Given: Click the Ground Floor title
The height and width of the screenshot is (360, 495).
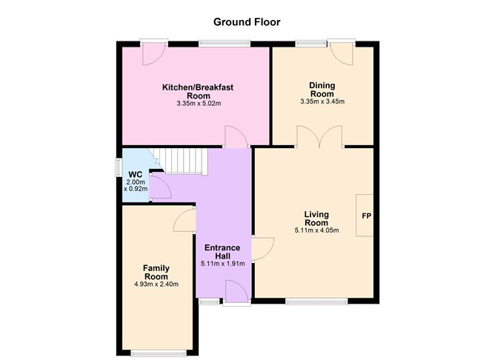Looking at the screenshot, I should point(247,22).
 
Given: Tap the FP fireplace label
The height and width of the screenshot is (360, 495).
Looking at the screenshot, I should point(365,216).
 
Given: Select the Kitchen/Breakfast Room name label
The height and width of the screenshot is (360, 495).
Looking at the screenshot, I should point(198,91).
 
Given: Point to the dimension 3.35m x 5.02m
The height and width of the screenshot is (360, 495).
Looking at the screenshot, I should point(199,104).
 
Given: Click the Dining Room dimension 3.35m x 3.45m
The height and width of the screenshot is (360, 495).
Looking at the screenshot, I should point(322,102).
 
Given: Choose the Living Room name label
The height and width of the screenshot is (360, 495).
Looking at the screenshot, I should point(316,218).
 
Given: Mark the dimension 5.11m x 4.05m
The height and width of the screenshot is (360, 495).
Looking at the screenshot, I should point(316,230).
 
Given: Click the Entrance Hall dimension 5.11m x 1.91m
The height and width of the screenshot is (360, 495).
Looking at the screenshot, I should point(222,264).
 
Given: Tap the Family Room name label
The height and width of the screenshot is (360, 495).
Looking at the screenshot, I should point(156,272).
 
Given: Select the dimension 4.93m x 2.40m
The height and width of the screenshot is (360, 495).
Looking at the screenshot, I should point(156,284).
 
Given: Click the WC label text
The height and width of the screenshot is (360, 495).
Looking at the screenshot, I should point(136,175).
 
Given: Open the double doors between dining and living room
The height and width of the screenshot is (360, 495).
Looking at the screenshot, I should point(319,136).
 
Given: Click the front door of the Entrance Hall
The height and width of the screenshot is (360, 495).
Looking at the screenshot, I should point(236,291).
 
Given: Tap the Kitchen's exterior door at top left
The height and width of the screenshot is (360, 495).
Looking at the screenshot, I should point(153,53).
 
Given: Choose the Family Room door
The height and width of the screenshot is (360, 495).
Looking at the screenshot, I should point(184,219).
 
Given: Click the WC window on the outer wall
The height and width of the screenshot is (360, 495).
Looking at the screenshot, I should point(118,167).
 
